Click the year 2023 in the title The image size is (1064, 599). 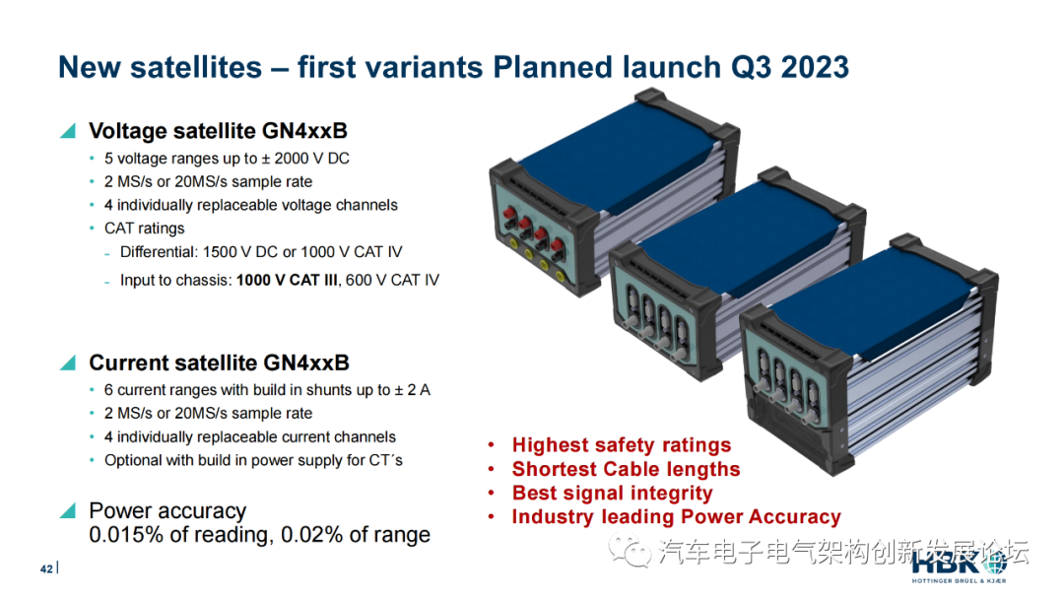coord(815,67)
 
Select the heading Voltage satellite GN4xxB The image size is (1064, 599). coord(218,130)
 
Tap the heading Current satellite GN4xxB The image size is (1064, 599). coord(219,363)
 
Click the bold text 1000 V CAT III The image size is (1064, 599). coord(287,280)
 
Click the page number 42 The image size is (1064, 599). coord(46,569)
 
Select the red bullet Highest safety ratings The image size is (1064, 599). coord(622,445)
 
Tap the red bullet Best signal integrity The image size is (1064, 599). coord(612,494)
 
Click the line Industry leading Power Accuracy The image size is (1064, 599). coord(676,517)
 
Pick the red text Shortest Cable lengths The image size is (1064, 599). coord(626,469)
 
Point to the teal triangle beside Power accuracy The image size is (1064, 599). coord(68,510)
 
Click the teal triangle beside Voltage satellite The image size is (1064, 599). coord(68,130)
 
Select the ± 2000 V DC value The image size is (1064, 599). coord(305,158)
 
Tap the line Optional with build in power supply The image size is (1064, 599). coord(253,460)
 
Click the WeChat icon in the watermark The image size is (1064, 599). coord(629,550)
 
